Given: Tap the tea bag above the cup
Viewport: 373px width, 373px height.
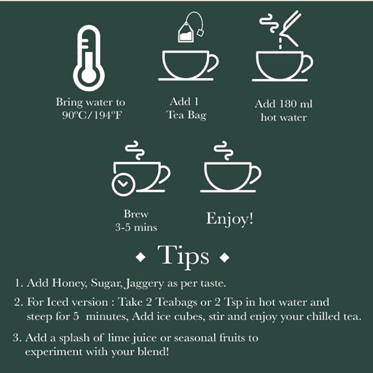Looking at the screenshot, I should point(187,32).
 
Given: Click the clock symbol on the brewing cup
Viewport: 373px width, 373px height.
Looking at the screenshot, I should point(123,184).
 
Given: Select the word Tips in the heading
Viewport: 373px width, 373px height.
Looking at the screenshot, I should point(183,256).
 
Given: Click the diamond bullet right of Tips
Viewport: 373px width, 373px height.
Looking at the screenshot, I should point(224,258).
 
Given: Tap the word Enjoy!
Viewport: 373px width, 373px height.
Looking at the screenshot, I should point(230,218).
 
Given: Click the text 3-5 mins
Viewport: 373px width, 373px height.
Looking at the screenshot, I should point(136,227).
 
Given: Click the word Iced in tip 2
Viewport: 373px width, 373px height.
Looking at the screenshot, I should point(58,302).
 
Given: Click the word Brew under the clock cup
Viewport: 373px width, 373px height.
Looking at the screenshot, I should point(136,214).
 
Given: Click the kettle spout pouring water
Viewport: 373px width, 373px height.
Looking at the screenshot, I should point(290,27).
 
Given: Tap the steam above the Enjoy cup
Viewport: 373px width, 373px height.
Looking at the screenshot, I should point(221,149).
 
